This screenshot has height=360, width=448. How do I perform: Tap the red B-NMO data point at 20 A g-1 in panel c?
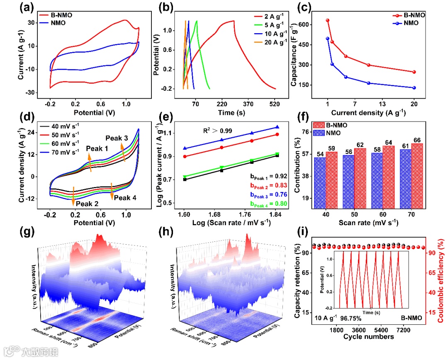(x=414, y=72)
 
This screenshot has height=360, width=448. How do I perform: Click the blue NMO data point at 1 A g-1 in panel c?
(x=328, y=39)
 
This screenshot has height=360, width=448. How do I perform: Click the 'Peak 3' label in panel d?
(x=117, y=138)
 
